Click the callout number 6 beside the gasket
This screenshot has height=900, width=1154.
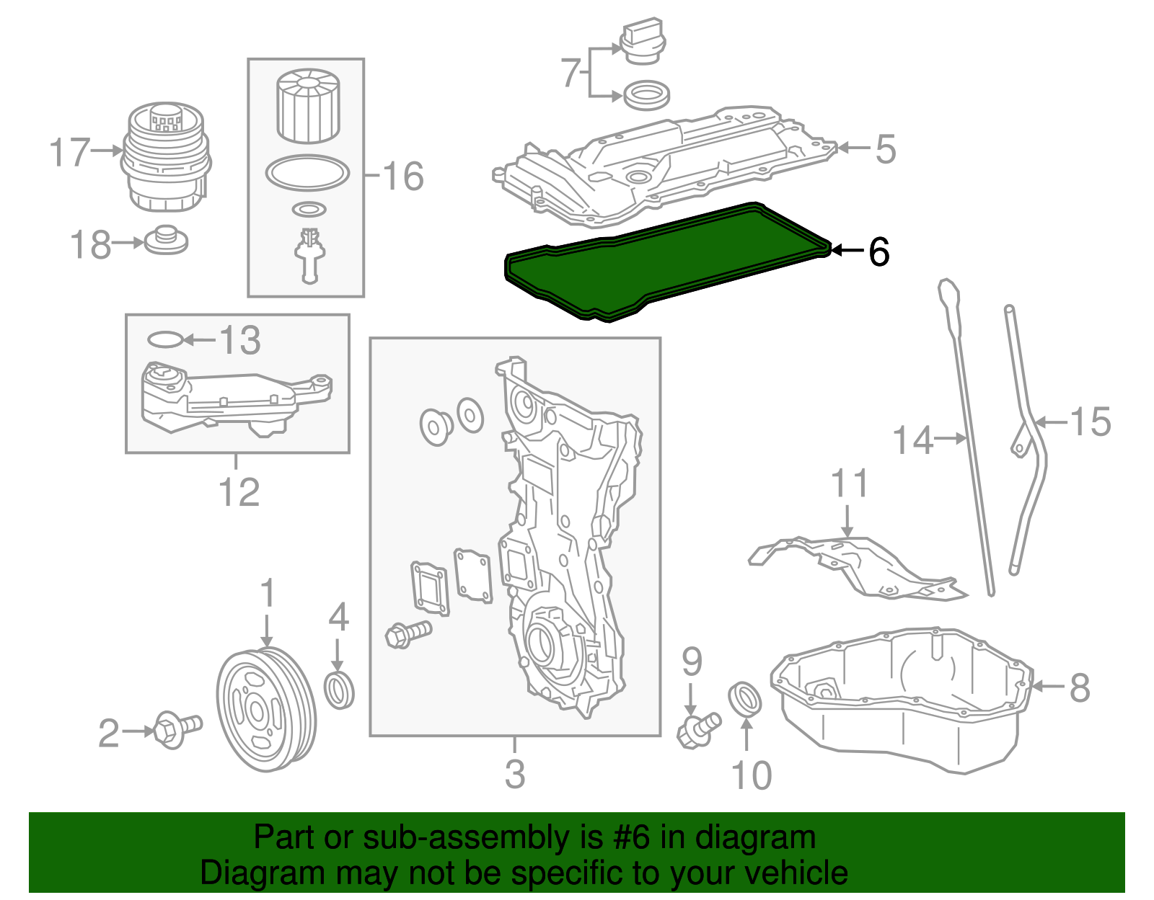click(879, 251)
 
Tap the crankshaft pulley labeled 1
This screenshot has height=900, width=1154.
click(265, 710)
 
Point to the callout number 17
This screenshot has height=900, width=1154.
click(70, 153)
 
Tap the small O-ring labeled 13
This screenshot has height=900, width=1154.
click(165, 339)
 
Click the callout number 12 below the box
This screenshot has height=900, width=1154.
click(239, 492)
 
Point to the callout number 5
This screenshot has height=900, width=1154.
click(886, 149)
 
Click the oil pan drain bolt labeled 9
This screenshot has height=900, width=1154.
click(696, 729)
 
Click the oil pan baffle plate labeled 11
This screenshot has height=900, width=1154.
click(858, 566)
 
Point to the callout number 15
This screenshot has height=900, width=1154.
click(1090, 422)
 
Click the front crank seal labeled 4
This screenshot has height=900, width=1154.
click(340, 690)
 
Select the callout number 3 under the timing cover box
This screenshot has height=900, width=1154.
click(514, 774)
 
